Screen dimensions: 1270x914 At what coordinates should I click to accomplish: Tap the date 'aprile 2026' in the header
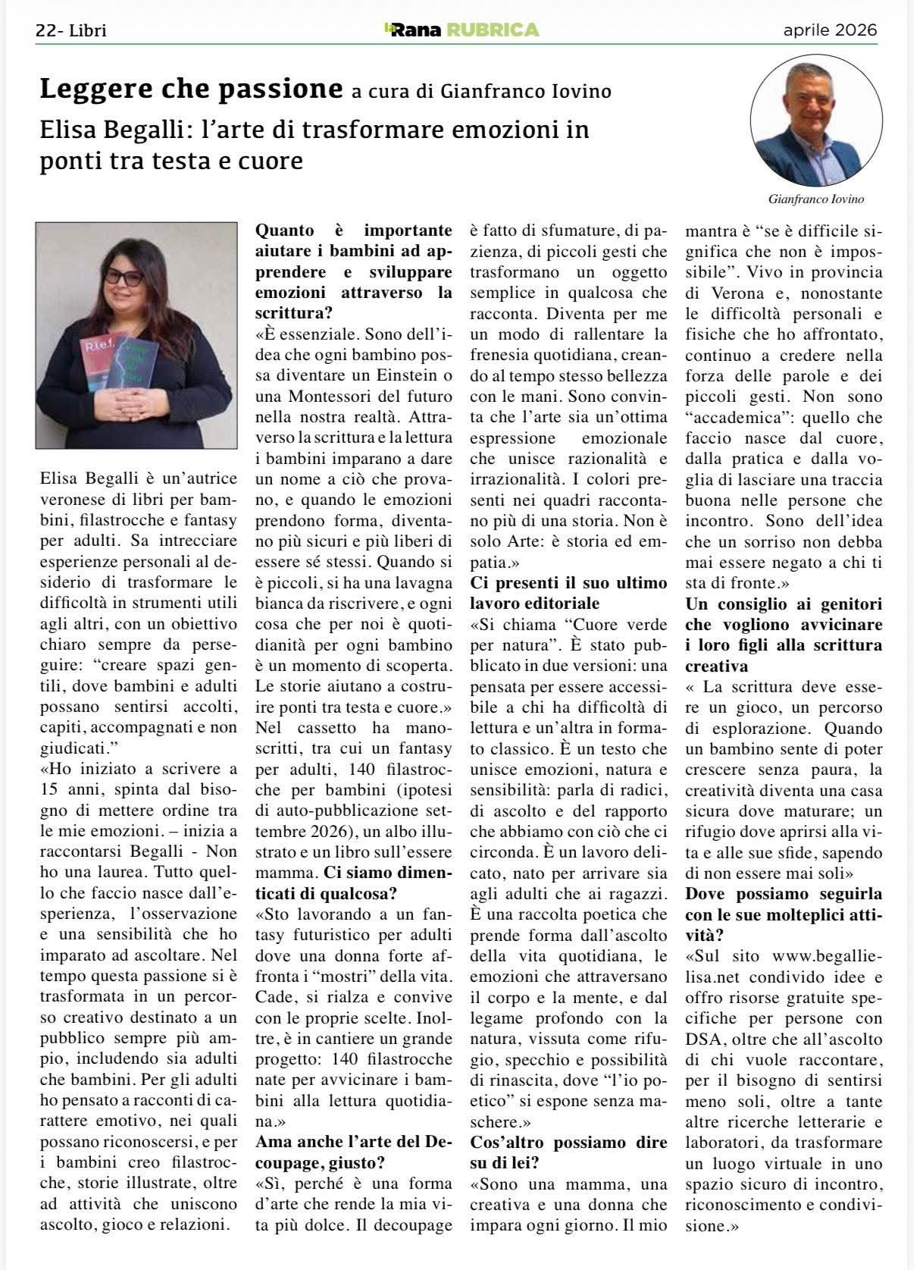pyautogui.click(x=830, y=30)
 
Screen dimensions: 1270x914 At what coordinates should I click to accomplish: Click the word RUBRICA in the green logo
pyautogui.click(x=493, y=30)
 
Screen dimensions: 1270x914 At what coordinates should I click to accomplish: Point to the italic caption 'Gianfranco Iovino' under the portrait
pyautogui.click(x=816, y=199)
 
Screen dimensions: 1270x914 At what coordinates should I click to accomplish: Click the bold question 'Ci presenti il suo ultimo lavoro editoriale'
pyautogui.click(x=568, y=593)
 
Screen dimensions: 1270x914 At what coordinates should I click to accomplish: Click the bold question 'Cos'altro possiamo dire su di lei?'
pyautogui.click(x=568, y=1152)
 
